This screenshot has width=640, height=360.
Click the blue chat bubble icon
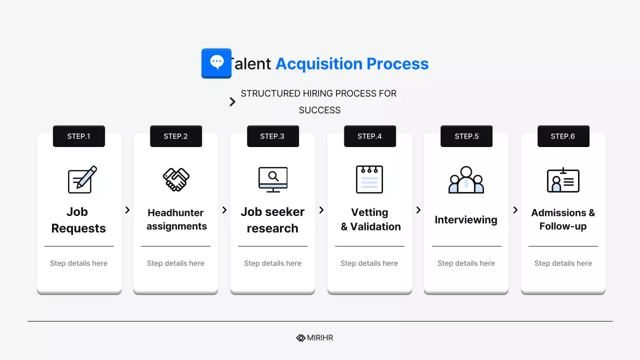coord(216,63)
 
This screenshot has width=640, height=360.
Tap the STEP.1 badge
coord(79,136)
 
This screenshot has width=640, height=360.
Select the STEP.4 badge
coord(370,136)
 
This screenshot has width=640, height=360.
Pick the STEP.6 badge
coord(563,136)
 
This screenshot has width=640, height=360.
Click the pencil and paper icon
coord(82,179)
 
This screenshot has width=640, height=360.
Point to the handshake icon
coord(176,179)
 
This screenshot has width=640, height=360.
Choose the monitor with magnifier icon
coord(273,179)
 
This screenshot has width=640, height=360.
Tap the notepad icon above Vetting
coord(369,179)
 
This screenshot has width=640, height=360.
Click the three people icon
coord(466,179)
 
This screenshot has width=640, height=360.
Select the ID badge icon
coord(563,180)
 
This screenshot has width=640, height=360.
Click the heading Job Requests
coord(78,220)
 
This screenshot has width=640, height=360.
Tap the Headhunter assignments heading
coord(176,219)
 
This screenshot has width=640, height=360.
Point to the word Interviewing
coord(466,220)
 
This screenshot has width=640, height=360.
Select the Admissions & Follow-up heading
coord(563,219)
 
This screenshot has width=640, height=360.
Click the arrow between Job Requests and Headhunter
coord(127,210)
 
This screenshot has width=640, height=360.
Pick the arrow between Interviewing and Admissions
coord(515,210)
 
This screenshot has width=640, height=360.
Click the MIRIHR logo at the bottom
coord(314,338)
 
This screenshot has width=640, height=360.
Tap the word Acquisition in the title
coord(319,64)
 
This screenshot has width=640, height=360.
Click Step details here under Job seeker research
coord(272,263)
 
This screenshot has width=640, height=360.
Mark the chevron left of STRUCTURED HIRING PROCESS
coord(232,102)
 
